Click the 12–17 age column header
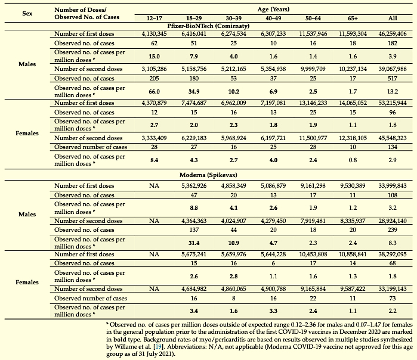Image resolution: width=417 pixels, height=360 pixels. point(155,18)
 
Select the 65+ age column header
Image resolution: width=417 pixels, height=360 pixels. point(353,18)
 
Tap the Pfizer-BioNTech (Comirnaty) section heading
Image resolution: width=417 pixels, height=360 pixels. point(208,26)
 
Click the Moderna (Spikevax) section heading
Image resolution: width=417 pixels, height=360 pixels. point(208,175)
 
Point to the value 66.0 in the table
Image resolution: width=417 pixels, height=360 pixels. point(155,92)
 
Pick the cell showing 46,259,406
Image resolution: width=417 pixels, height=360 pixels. point(393,34)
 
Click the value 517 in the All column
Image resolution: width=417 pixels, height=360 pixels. point(393,78)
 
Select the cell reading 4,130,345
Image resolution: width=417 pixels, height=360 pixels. point(155,34)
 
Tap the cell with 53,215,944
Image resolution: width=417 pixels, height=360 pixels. point(393,103)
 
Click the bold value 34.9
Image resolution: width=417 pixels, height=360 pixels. point(194,92)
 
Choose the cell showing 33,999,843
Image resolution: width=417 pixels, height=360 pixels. point(393,186)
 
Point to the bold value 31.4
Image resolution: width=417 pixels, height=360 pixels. point(194,243)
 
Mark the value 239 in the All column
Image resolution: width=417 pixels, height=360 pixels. point(393,230)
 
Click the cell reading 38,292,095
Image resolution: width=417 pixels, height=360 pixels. point(393,255)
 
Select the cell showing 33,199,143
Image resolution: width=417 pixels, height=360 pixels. point(393,289)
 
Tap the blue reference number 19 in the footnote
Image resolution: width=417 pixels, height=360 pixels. point(159,347)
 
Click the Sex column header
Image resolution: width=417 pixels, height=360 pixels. point(27,13)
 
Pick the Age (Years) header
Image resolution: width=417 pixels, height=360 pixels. point(273,10)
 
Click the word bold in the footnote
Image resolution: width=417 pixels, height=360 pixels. point(119,339)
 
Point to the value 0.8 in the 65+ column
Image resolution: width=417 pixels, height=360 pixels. point(353,160)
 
